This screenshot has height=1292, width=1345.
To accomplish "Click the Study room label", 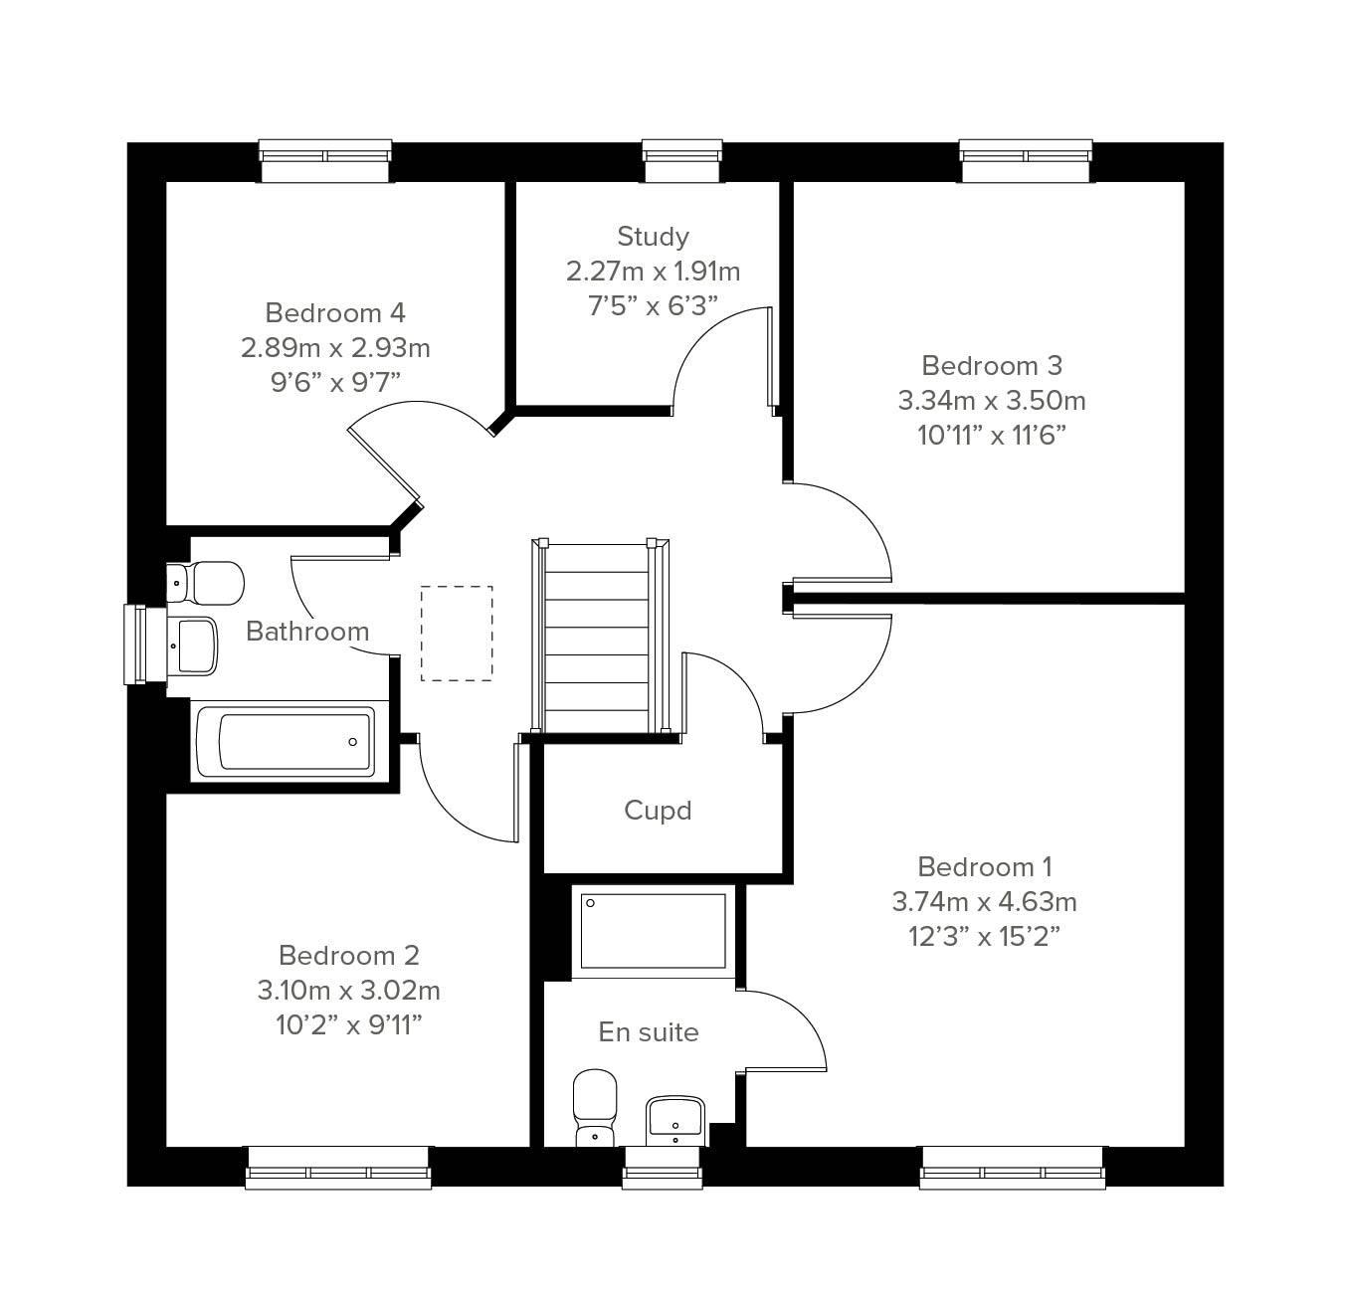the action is (653, 237).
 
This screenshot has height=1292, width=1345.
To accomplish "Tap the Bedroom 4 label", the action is (335, 313).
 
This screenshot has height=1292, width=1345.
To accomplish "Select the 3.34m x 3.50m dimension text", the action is (991, 401).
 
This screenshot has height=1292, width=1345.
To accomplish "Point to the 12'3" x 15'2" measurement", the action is (984, 937).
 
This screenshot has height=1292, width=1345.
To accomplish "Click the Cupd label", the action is (658, 811).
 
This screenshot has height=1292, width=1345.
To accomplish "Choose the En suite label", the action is (649, 1032).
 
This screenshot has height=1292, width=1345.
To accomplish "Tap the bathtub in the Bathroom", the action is (286, 741).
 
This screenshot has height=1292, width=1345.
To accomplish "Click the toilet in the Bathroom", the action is (205, 583).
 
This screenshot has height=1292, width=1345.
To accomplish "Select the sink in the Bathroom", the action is (192, 646).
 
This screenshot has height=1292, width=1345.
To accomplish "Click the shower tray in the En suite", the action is (654, 931).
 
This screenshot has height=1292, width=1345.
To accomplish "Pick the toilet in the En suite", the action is (595, 1108).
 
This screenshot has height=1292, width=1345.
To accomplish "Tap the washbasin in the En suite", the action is (673, 1121).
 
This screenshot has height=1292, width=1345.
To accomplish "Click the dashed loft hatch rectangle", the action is (457, 634).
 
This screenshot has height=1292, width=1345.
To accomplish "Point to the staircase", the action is (600, 635).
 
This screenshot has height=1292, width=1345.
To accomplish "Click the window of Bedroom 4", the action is (325, 161).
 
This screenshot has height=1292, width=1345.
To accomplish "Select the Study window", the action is (682, 161).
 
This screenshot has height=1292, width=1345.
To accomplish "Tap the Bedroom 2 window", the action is (338, 1168).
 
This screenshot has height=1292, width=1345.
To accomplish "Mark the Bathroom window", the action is (145, 645).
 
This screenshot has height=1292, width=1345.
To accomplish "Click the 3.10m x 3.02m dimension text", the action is (349, 990).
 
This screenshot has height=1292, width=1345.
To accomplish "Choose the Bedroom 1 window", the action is (1013, 1168).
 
